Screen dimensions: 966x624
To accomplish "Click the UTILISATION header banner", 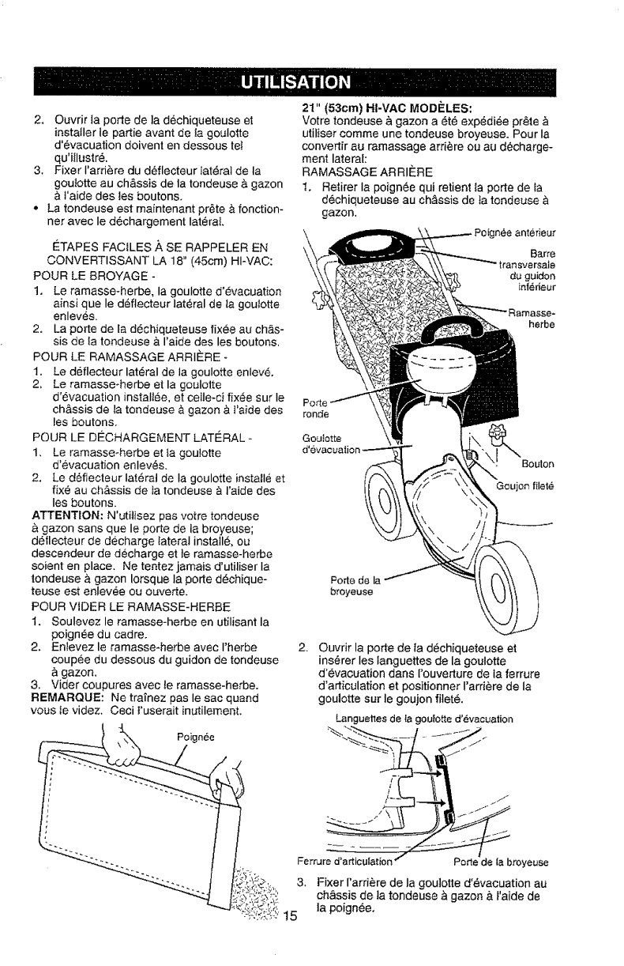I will pyautogui.click(x=311, y=81).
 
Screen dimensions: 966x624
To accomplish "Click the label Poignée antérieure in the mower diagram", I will pyautogui.click(x=516, y=232).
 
